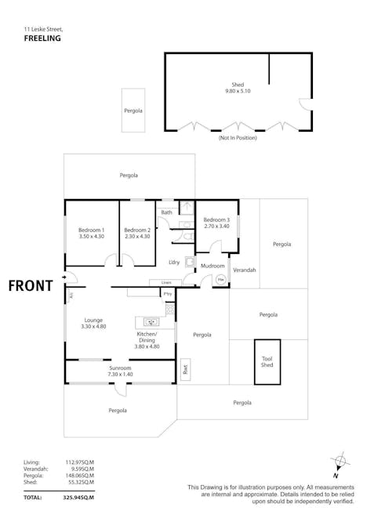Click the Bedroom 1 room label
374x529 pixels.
[92, 230]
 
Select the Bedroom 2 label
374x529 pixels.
[136, 230]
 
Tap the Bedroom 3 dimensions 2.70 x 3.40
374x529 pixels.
[216, 226]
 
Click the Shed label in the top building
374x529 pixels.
[237, 85]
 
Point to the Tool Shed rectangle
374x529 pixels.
[267, 361]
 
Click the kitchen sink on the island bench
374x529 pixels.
[151, 321]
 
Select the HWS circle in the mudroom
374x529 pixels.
[221, 278]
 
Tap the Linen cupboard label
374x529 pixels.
[165, 282]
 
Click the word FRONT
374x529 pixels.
[31, 285]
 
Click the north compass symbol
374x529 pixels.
[338, 462]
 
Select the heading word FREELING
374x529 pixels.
[43, 38]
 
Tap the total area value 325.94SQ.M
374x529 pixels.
[78, 497]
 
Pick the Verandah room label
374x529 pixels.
[245, 270]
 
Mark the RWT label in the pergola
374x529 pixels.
[185, 368]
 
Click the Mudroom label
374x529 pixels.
[212, 266]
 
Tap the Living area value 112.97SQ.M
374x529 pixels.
[78, 462]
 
